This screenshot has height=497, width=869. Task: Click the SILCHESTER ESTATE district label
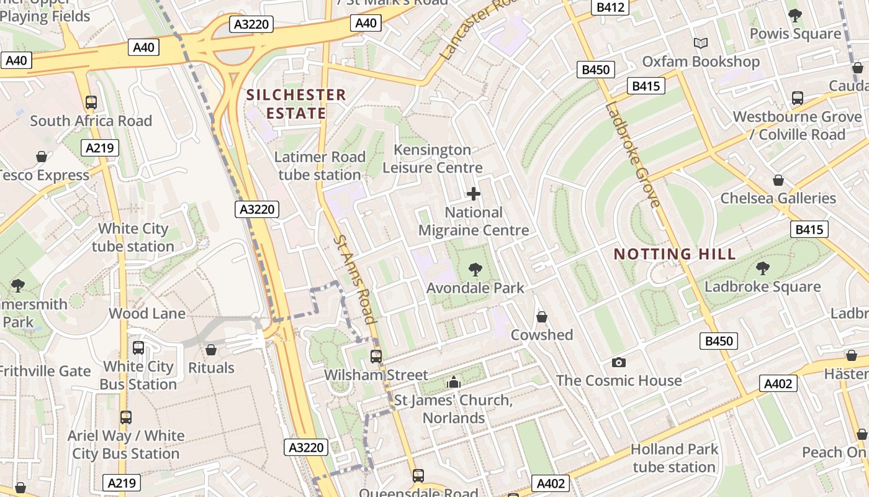point(296,104)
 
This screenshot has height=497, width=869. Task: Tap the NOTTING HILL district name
point(675,253)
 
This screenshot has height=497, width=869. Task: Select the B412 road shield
point(609,7)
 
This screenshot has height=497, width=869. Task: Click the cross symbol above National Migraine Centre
point(474,194)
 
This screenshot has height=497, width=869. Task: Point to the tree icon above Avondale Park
point(475,270)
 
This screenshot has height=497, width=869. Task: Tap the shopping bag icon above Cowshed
point(542,317)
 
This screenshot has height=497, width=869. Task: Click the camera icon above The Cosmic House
point(618,362)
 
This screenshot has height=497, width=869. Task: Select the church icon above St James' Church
point(454,381)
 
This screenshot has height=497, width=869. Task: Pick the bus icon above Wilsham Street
point(376,356)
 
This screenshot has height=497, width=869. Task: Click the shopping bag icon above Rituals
point(211,350)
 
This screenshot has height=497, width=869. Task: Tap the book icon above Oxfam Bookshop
point(701,43)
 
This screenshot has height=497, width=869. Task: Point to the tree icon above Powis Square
point(795,15)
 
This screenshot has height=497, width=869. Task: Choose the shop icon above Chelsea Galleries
point(778,180)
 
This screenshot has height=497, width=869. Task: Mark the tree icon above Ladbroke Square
point(762,268)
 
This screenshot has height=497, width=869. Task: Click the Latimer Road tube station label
point(320,166)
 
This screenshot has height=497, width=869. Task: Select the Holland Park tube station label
point(674,458)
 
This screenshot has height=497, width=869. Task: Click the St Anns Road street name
point(355,279)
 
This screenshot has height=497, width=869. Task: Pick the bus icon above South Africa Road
point(91,102)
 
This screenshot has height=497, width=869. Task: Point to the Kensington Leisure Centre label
point(433,158)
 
